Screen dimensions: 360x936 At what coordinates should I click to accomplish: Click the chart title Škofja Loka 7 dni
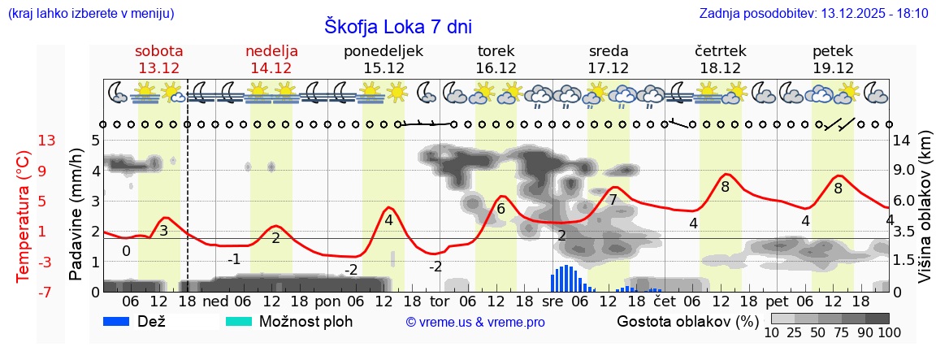click(397, 26)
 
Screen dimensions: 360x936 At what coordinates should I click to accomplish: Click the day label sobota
click(158, 50)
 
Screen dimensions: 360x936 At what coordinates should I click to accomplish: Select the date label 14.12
click(271, 67)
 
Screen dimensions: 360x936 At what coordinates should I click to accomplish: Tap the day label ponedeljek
click(383, 50)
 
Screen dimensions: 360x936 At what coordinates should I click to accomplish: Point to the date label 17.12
click(609, 67)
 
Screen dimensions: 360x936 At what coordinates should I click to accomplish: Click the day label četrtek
click(721, 50)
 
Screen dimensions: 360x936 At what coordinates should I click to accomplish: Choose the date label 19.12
click(833, 67)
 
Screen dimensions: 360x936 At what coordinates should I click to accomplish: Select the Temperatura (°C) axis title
click(24, 215)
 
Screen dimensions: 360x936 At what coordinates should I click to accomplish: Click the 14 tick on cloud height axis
click(902, 141)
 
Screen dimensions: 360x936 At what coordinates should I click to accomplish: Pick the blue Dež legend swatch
click(122, 322)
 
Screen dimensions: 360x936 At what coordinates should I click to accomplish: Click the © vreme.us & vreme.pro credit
click(475, 323)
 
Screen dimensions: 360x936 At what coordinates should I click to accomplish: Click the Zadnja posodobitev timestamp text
click(813, 14)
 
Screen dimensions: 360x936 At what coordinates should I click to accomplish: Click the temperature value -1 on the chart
click(234, 259)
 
